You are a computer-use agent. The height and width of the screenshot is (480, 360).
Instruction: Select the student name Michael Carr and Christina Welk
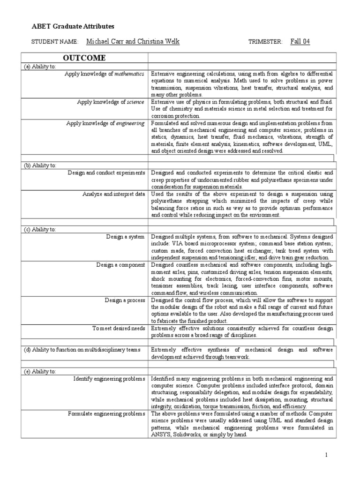[x=133, y=42]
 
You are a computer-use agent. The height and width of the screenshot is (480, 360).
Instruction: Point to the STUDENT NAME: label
[x=55, y=42]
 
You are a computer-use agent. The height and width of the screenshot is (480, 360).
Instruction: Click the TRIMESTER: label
[x=265, y=42]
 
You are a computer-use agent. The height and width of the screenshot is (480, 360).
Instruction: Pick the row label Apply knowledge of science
[x=111, y=101]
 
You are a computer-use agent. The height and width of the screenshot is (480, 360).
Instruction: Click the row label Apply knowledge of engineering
[x=105, y=123]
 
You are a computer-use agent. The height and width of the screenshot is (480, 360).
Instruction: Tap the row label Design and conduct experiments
[x=106, y=173]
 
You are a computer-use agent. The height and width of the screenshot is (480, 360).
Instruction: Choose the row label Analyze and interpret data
[x=114, y=194]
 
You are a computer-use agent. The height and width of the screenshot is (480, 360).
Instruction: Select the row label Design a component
[x=121, y=265]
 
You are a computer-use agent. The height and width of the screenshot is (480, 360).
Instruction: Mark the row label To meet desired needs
[x=119, y=328]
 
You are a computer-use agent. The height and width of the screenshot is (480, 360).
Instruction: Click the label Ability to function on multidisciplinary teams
[x=85, y=350]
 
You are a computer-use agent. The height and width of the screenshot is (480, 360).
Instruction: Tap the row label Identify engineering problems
[x=109, y=378]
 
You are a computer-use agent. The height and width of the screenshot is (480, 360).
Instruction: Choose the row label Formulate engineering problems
[x=106, y=413]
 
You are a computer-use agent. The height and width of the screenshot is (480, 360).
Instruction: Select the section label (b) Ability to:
[x=40, y=165]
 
